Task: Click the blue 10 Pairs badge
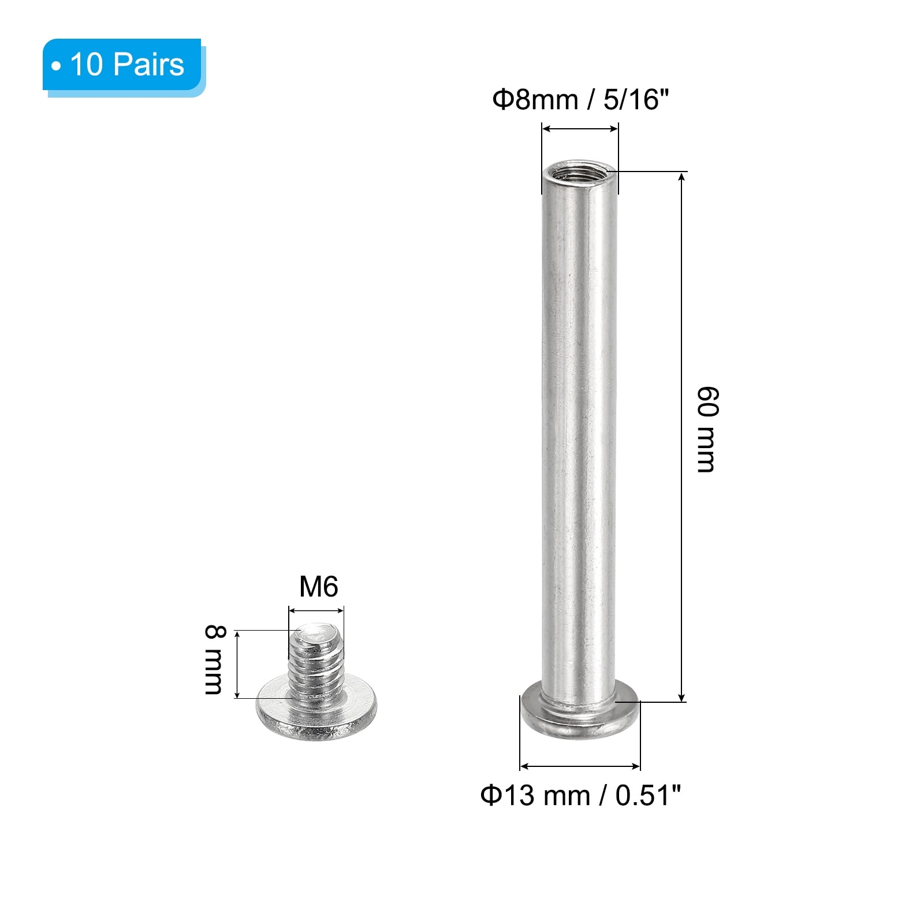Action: pyautogui.click(x=123, y=65)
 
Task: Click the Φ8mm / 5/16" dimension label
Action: pyautogui.click(x=580, y=99)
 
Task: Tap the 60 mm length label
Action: pyautogui.click(x=707, y=430)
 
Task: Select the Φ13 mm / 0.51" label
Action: pyautogui.click(x=581, y=795)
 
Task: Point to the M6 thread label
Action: pyautogui.click(x=318, y=587)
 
